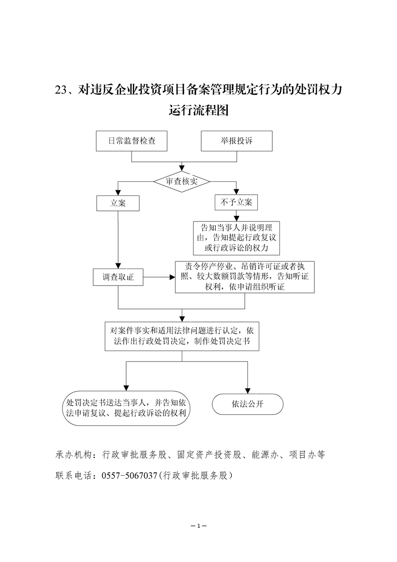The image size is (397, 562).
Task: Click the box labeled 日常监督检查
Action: point(132,141)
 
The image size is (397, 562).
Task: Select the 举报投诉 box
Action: point(237,141)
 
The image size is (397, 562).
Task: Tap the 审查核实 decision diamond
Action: point(181,181)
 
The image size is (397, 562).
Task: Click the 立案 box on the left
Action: point(118,203)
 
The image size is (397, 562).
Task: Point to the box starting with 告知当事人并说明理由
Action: point(236,238)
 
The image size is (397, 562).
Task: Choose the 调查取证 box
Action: point(118,277)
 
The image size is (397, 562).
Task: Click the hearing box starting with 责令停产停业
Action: point(245,277)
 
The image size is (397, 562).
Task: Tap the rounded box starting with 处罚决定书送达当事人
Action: point(127,408)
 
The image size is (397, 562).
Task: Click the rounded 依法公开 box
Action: point(247,404)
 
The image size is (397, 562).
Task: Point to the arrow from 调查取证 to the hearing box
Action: point(159,276)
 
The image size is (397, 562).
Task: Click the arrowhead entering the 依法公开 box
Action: point(247,391)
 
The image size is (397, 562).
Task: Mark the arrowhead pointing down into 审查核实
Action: point(181,168)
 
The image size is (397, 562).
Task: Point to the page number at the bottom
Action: point(199,526)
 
